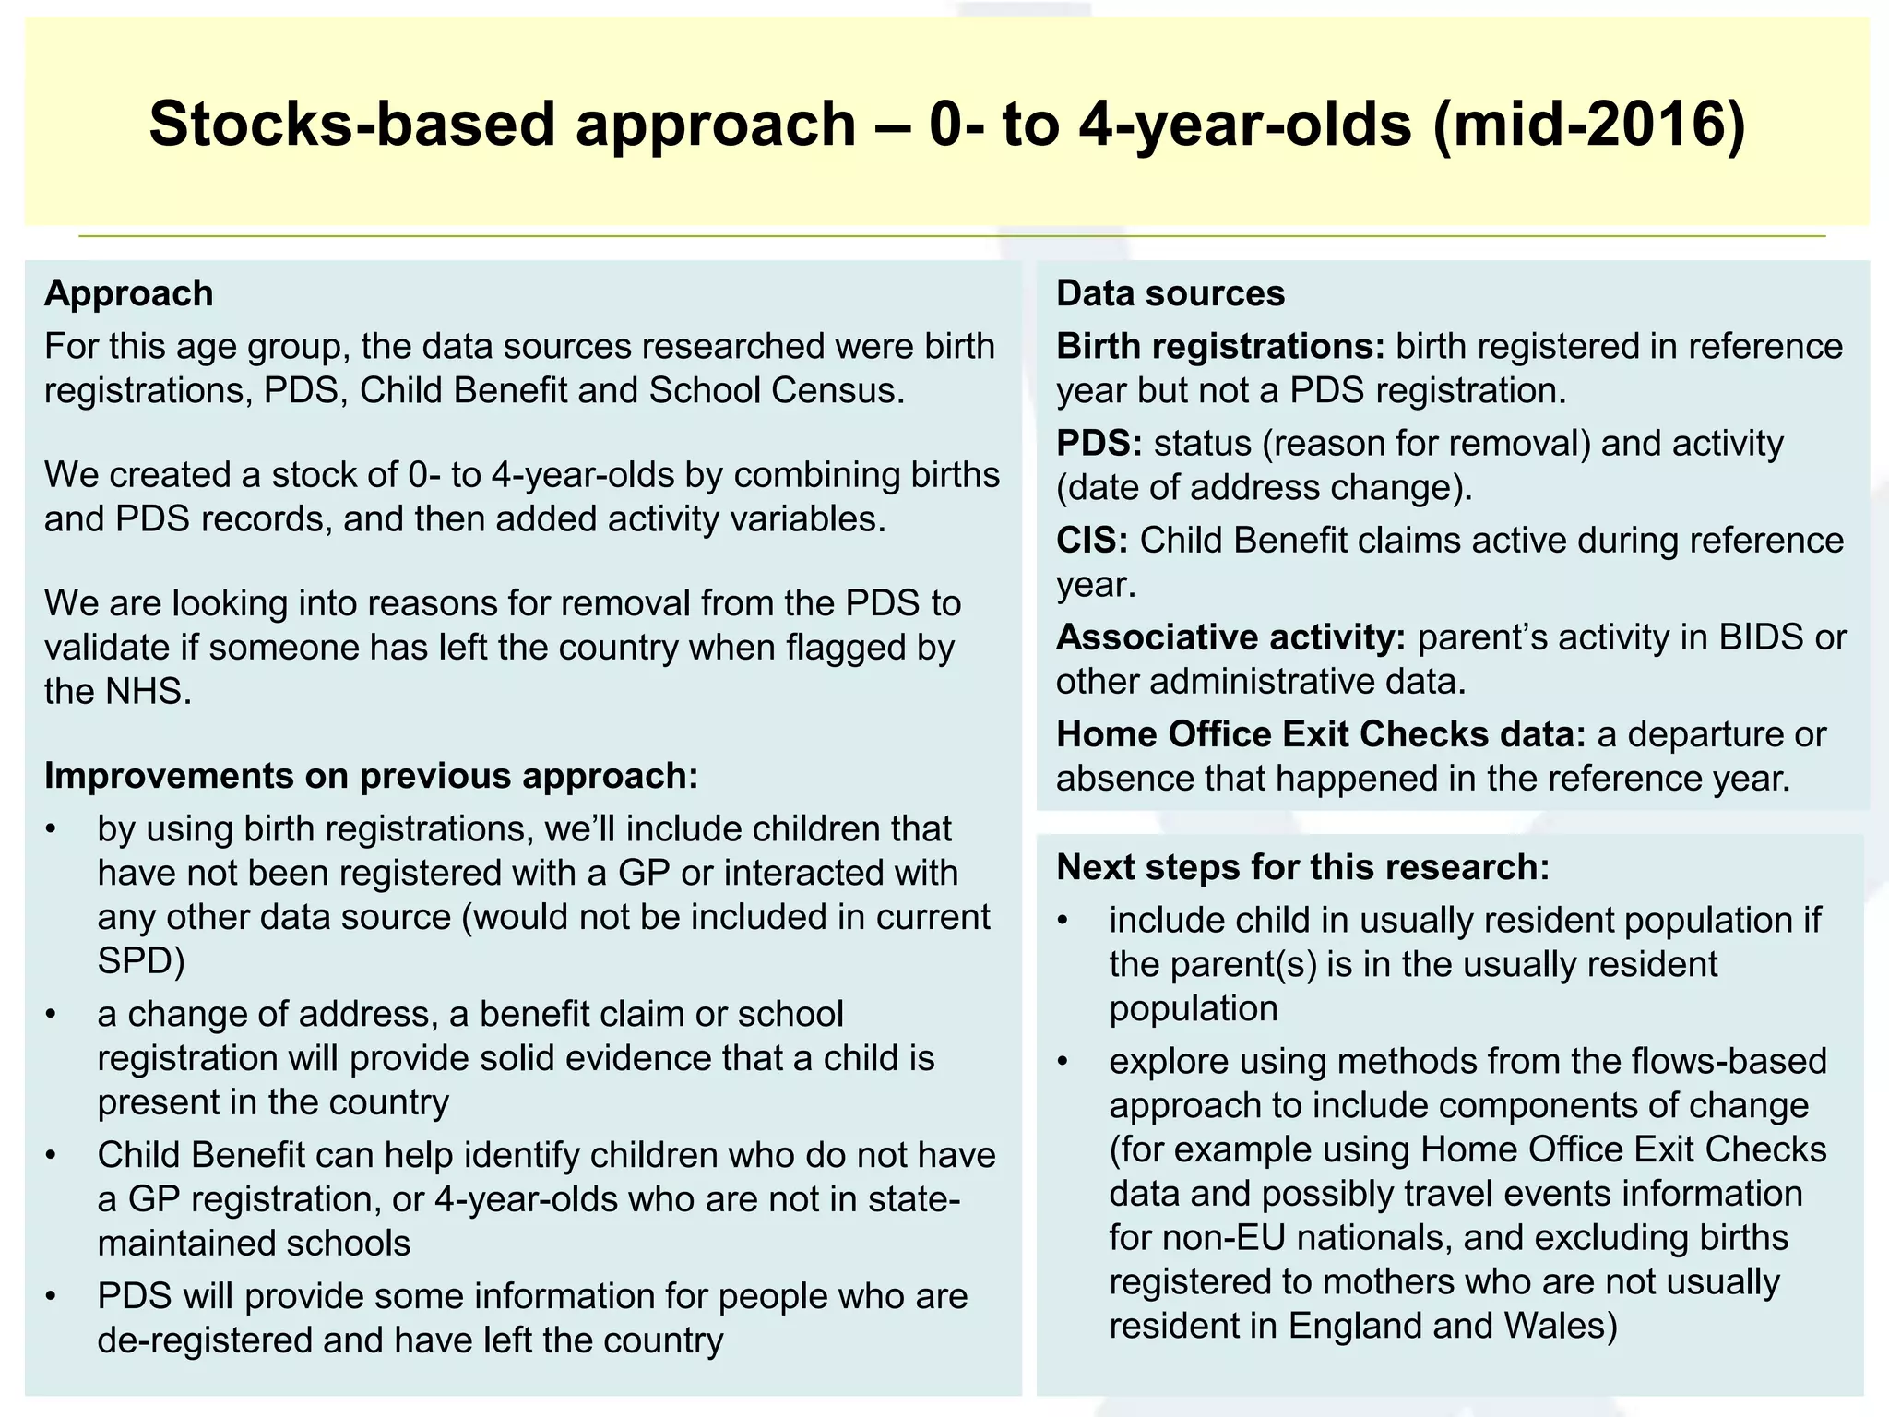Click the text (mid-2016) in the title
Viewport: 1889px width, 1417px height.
point(1589,124)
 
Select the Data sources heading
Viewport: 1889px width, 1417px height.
point(1170,293)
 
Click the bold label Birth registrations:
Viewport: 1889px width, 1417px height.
point(1220,347)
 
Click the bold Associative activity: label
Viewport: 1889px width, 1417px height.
point(1230,637)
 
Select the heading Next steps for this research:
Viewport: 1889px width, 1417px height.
point(1302,867)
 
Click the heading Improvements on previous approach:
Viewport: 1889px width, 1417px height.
point(371,776)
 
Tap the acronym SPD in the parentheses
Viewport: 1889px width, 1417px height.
point(135,961)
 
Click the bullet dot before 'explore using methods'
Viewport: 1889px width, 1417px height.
point(1063,1062)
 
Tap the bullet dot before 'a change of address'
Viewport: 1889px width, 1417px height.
point(52,1015)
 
